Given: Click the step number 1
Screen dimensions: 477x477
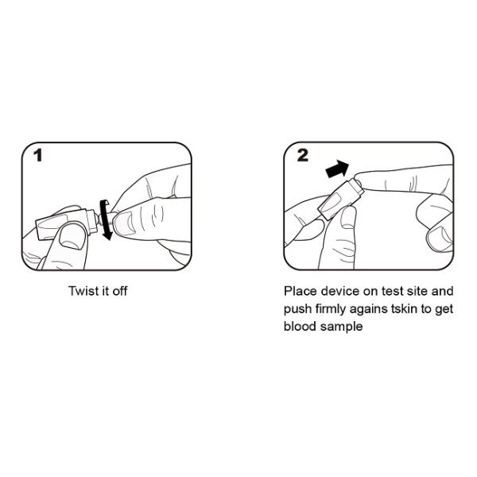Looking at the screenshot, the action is (x=37, y=155).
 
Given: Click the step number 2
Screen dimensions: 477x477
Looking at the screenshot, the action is (x=302, y=155).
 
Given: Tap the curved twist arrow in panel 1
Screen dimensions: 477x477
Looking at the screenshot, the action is (x=106, y=219).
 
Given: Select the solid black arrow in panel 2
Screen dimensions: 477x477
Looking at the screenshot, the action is (x=337, y=169).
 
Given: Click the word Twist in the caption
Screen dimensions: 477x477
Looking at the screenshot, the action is (x=83, y=291).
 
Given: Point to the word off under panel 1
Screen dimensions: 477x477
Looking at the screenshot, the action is (x=120, y=291).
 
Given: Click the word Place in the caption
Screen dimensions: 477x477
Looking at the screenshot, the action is (x=301, y=291).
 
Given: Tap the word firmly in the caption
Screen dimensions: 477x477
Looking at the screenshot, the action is (x=331, y=309).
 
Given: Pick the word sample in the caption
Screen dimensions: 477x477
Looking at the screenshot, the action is (x=342, y=327).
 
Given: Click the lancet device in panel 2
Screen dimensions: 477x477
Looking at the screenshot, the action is (x=340, y=199).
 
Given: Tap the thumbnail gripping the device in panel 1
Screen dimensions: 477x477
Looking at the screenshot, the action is (x=72, y=238).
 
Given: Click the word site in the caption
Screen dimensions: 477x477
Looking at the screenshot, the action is (x=417, y=291).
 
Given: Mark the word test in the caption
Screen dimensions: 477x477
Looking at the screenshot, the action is (x=392, y=292).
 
